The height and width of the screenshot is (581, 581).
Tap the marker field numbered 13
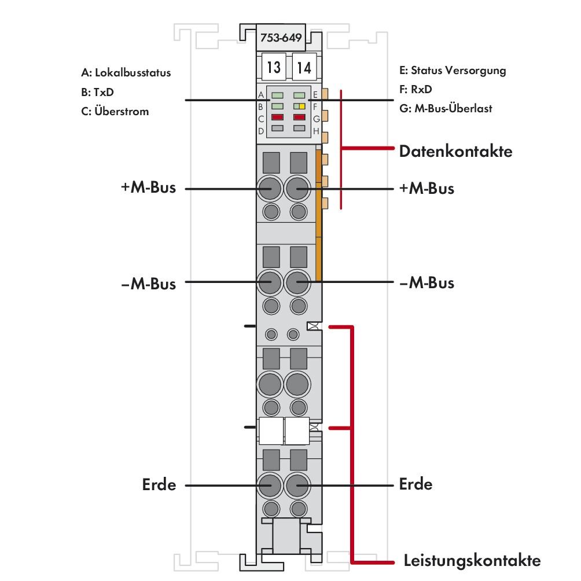pyautogui.click(x=274, y=68)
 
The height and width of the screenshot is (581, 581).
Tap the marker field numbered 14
pyautogui.click(x=303, y=68)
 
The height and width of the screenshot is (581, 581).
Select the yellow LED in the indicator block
pyautogui.click(x=303, y=106)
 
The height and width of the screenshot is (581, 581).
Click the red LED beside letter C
pyautogui.click(x=277, y=117)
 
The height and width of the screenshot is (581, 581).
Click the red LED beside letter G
pyautogui.click(x=299, y=117)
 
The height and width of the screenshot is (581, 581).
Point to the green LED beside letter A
pyautogui.click(x=277, y=95)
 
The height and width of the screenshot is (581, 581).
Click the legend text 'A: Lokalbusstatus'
pyautogui.click(x=126, y=73)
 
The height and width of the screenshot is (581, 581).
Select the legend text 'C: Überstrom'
pyautogui.click(x=115, y=112)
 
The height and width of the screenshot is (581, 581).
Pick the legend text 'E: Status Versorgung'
pyautogui.click(x=453, y=71)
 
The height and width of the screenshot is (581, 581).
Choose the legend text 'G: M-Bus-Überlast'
pyautogui.click(x=446, y=108)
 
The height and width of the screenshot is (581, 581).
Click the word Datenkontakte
pyautogui.click(x=455, y=152)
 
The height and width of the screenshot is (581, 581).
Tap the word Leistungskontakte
pyautogui.click(x=472, y=560)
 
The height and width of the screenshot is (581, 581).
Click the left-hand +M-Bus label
pyautogui.click(x=148, y=189)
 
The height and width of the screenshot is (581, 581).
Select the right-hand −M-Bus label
pyautogui.click(x=426, y=283)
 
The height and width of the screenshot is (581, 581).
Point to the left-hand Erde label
pyautogui.click(x=159, y=484)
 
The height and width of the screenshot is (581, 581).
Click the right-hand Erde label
pyautogui.click(x=415, y=484)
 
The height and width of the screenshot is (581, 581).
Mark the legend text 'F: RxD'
pyautogui.click(x=415, y=90)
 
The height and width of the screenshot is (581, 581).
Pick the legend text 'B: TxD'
pyautogui.click(x=97, y=92)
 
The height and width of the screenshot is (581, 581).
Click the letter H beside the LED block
pyautogui.click(x=316, y=131)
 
